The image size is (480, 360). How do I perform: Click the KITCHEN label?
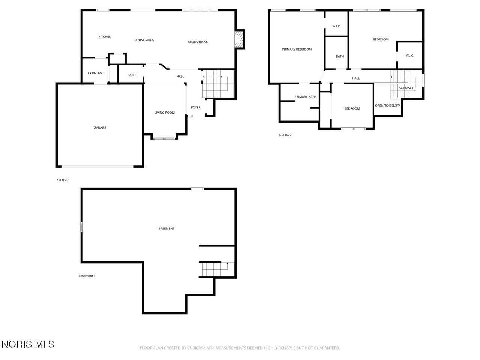(x=105, y=37)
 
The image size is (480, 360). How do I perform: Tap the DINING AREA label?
(x=144, y=40)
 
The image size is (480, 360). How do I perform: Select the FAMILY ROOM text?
(x=198, y=42)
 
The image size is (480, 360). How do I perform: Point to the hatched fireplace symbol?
(x=238, y=39)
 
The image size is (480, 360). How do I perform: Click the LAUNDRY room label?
(x=95, y=73)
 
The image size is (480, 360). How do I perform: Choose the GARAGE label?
(x=100, y=127)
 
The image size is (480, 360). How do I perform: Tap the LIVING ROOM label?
(x=165, y=112)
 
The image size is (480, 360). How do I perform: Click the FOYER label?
(x=195, y=107)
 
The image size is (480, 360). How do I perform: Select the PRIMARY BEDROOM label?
(x=297, y=49)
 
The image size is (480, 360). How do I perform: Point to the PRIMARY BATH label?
(x=305, y=97)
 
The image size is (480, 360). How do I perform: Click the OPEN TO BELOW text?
(x=387, y=105)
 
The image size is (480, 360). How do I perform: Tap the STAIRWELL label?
(x=407, y=88)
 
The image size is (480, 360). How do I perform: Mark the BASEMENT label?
(x=166, y=229)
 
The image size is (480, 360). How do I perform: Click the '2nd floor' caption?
(x=285, y=135)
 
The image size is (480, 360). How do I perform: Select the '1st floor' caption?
(x=63, y=180)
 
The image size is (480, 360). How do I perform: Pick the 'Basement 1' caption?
(x=87, y=276)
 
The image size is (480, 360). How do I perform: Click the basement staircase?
(x=215, y=270)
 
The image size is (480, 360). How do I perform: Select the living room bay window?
(x=164, y=139)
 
